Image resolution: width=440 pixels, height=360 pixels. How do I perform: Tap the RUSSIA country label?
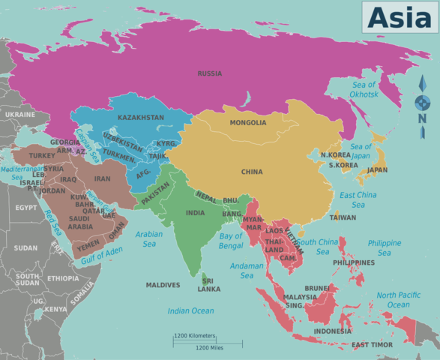[210, 73]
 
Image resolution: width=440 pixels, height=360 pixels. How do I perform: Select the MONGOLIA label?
[247, 123]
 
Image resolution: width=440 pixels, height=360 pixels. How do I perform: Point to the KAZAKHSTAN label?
[141, 118]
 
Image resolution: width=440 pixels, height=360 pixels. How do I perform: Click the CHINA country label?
[252, 172]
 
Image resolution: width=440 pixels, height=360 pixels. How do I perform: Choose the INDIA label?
[195, 213]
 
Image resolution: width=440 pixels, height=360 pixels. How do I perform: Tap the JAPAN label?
[377, 170]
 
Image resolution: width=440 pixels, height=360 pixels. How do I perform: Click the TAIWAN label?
[343, 217]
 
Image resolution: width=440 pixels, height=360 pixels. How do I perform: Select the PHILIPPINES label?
[354, 262]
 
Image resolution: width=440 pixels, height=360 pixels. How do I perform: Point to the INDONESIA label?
[332, 331]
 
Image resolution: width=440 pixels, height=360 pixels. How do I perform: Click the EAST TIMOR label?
[372, 345]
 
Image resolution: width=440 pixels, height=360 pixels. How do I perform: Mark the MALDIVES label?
[163, 285]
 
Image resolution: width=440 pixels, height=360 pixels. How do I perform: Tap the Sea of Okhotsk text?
[365, 89]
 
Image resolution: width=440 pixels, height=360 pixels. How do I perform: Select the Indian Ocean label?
[190, 310]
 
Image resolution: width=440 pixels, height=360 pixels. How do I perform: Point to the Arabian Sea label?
[149, 238]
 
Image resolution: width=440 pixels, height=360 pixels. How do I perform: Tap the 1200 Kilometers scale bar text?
[194, 336]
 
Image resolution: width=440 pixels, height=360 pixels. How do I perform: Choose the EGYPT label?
[26, 208]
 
